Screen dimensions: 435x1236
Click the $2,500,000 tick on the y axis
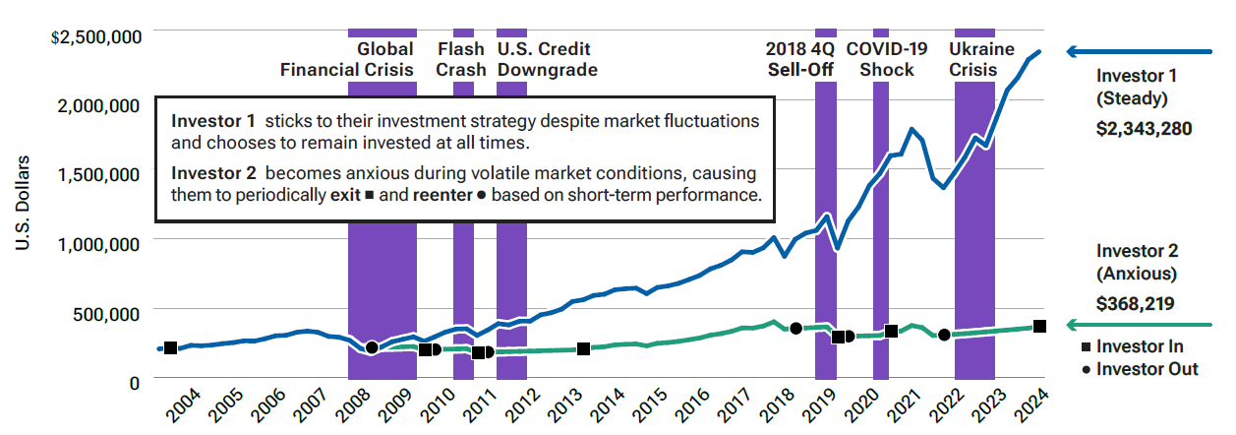click(96, 37)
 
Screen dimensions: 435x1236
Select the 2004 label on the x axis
click(181, 405)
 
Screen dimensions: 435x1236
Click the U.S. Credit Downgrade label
click(547, 59)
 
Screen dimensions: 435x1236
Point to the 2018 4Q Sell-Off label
click(800, 59)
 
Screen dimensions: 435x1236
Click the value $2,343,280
click(1144, 128)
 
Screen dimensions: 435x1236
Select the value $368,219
click(1136, 305)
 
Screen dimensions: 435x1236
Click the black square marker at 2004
click(170, 347)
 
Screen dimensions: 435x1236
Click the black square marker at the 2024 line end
click(1039, 326)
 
